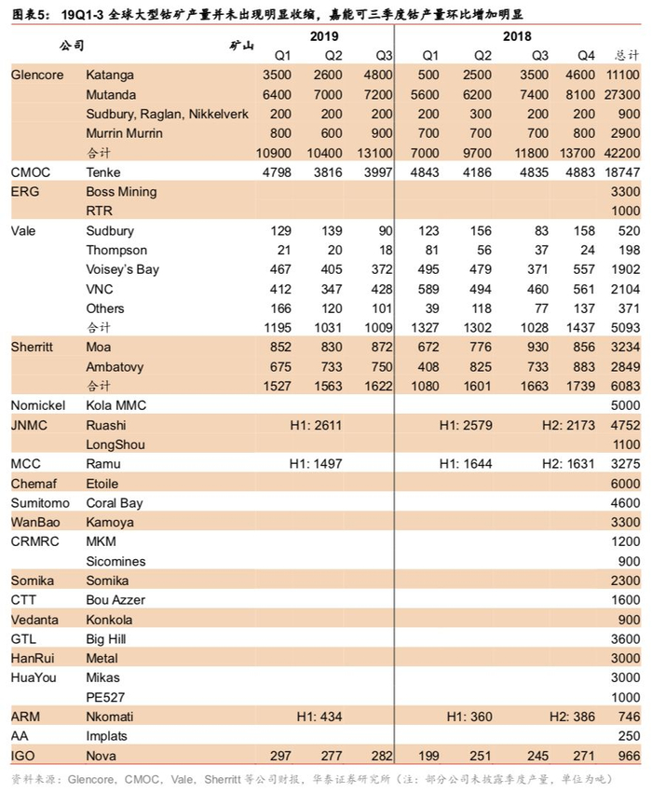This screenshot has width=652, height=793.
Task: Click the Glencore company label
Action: click(x=37, y=75)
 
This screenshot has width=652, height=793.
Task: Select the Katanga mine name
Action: click(x=110, y=75)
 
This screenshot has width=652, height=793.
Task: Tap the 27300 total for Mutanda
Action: click(x=622, y=94)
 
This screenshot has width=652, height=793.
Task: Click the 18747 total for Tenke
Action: click(x=622, y=171)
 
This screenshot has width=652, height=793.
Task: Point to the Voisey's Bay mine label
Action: click(x=122, y=269)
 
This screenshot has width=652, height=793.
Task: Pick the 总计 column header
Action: click(x=627, y=55)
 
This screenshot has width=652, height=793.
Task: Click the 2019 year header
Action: click(x=324, y=35)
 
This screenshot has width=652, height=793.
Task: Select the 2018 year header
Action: click(x=518, y=35)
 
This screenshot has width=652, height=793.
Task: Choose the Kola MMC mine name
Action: click(x=116, y=405)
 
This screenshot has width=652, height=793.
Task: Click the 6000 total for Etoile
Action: click(x=626, y=484)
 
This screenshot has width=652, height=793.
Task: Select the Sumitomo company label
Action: click(x=41, y=503)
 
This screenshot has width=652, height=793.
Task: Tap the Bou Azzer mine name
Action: click(x=115, y=600)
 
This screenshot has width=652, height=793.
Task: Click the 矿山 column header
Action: click(x=241, y=45)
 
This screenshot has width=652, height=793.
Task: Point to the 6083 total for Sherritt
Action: click(x=626, y=386)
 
